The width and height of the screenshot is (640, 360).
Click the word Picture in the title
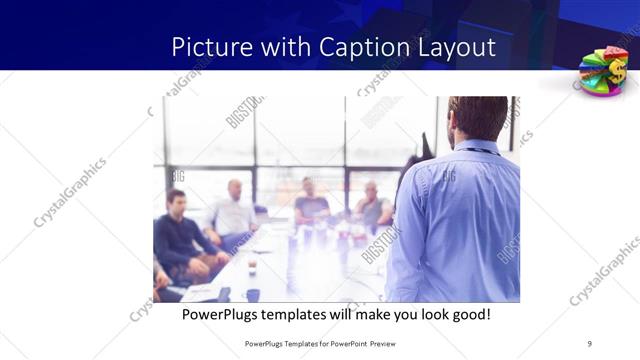[x=207, y=47]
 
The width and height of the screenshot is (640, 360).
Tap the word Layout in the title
[x=456, y=48]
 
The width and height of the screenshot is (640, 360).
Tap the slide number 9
[x=588, y=343]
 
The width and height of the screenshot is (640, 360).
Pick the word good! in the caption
[x=470, y=314]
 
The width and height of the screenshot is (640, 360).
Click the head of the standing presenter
[x=477, y=118]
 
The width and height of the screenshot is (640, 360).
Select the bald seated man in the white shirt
[x=233, y=213]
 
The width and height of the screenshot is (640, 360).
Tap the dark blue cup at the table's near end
[x=253, y=295]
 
